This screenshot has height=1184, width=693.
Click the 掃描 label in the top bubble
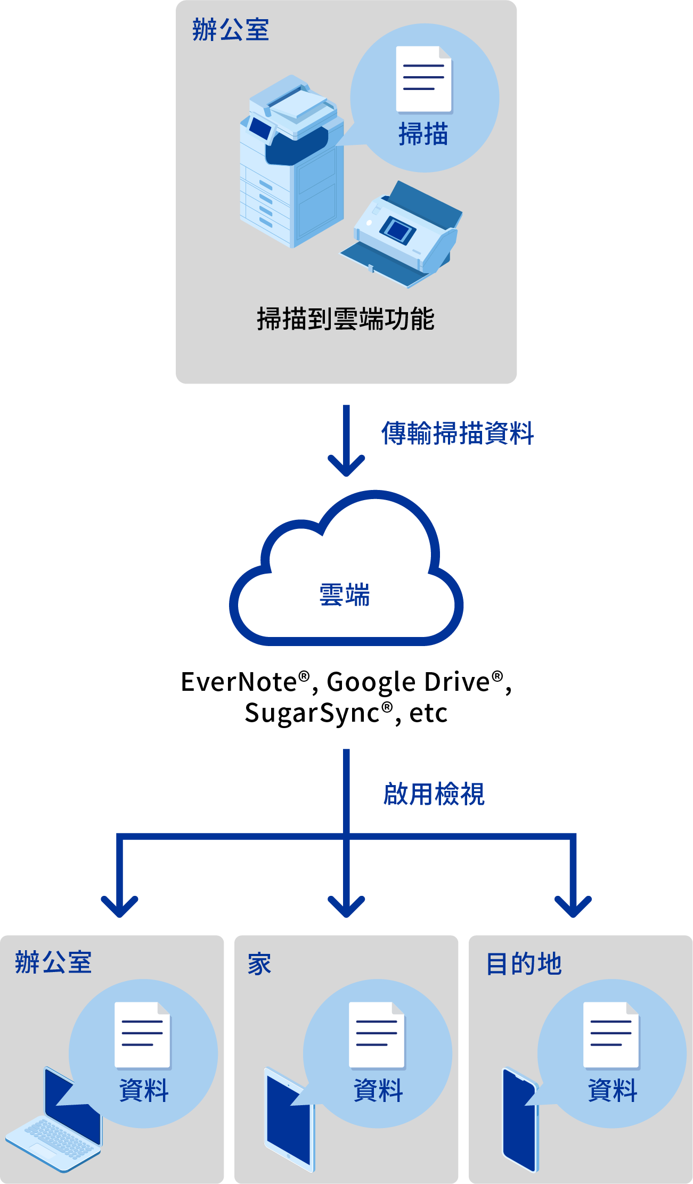coord(423,134)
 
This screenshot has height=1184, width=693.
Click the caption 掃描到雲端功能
coord(346,319)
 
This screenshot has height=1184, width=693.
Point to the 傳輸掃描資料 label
coord(458,433)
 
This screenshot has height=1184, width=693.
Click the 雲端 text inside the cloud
coord(345,594)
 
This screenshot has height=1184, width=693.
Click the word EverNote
coord(239,682)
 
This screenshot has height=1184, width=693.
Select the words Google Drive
coord(408,682)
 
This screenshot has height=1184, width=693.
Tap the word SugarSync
coord(312,713)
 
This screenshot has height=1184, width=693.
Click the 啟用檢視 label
coord(434,794)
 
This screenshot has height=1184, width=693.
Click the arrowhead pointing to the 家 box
coord(346,905)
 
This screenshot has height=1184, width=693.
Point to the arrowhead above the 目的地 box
coord(573,905)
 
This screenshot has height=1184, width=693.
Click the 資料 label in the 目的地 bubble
coord(613,1090)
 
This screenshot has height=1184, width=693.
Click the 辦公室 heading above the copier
coord(231,30)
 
